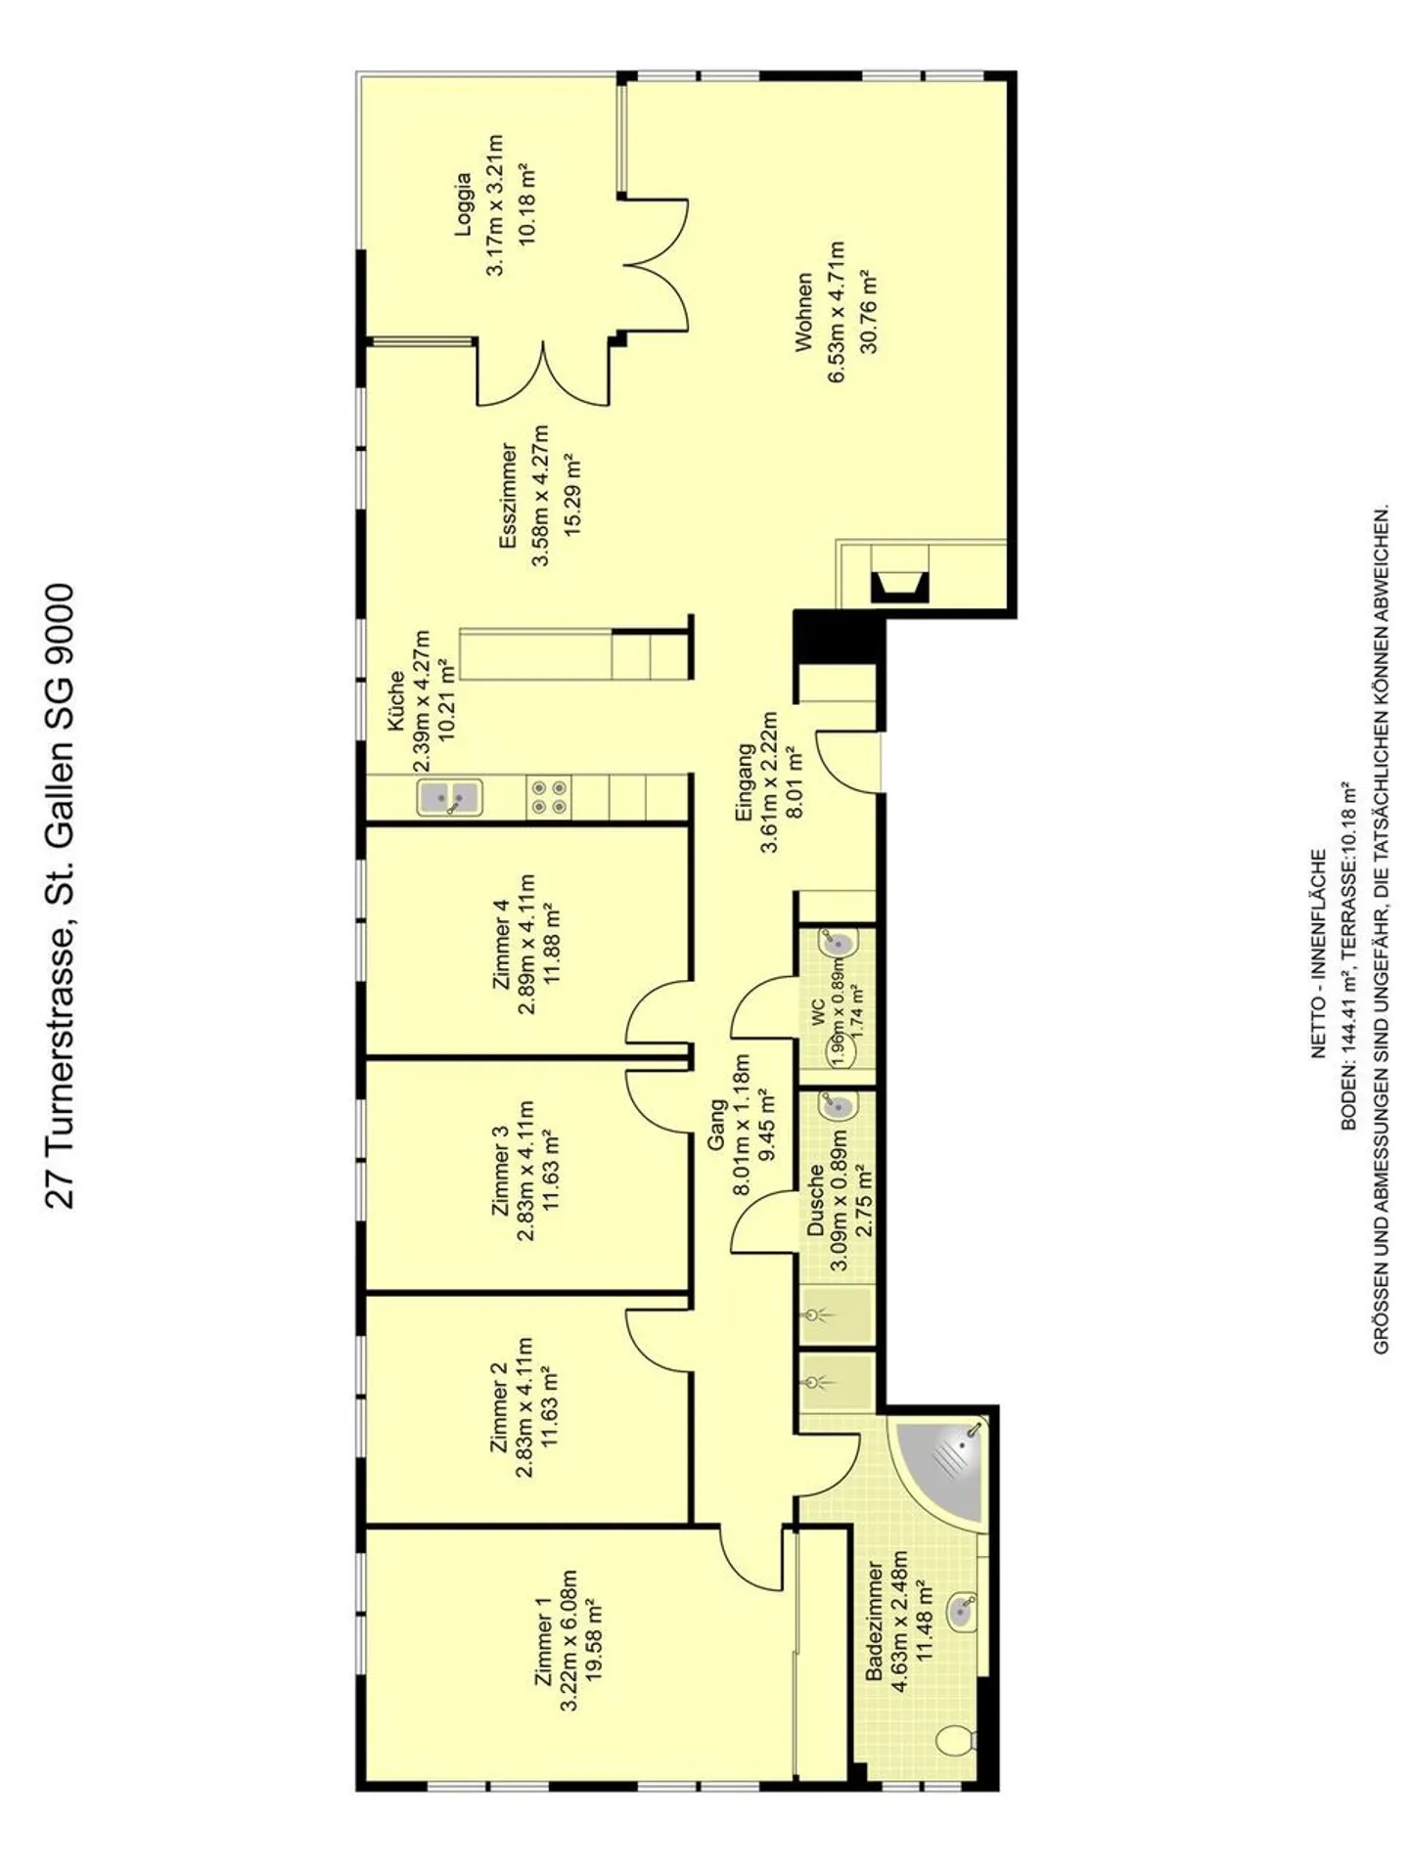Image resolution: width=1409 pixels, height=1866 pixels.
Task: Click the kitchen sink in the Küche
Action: [x=449, y=797]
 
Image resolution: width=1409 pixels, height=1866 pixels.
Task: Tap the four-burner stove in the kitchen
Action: [x=548, y=797]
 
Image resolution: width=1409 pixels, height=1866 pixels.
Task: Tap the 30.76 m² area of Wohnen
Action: [x=867, y=311]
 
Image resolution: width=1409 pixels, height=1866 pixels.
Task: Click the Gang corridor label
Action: [x=717, y=1124]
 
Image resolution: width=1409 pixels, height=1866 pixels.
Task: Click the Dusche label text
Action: [x=814, y=1200]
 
